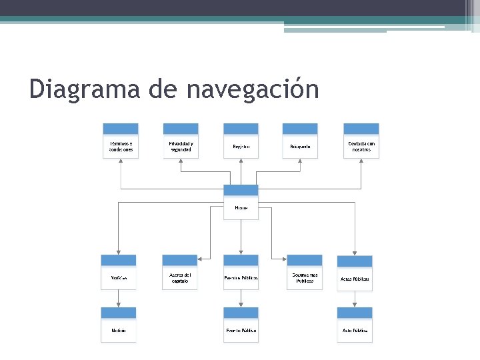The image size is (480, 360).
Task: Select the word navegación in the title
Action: click(253, 89)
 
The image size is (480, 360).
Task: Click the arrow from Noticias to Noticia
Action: click(119, 299)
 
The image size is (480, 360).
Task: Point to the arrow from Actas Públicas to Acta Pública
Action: click(355, 299)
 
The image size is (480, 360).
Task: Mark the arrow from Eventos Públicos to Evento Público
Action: click(241, 299)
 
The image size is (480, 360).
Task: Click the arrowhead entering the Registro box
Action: click(241, 161)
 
